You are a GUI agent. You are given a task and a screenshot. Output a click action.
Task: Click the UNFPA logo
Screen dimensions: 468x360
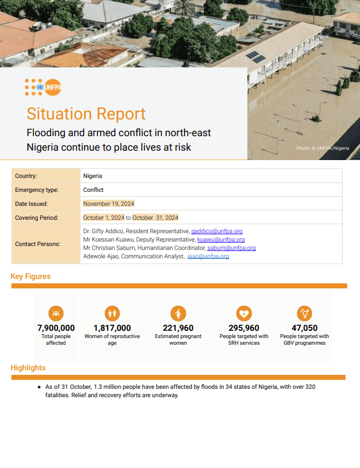click(x=43, y=87)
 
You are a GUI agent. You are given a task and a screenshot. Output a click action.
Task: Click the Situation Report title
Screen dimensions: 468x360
click(x=86, y=114)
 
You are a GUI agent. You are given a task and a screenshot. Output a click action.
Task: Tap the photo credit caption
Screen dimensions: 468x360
click(x=323, y=148)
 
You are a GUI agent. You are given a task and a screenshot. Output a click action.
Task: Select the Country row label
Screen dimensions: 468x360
click(x=26, y=176)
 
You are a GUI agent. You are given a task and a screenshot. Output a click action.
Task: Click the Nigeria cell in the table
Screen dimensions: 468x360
click(x=93, y=176)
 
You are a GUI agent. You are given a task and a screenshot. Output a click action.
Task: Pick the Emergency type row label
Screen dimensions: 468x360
click(x=37, y=190)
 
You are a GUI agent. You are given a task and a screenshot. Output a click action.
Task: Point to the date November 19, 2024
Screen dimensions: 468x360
click(x=109, y=204)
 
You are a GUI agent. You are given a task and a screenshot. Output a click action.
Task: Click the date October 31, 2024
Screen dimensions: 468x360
click(x=155, y=218)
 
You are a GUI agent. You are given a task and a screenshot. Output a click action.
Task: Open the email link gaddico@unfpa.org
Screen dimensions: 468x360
click(x=217, y=231)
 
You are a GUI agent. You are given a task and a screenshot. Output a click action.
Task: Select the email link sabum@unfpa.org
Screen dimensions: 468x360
click(x=231, y=248)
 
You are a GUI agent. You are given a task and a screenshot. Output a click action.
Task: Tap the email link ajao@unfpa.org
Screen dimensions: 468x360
click(x=208, y=257)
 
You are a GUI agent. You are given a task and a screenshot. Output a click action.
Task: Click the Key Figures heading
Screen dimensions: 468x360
click(x=31, y=277)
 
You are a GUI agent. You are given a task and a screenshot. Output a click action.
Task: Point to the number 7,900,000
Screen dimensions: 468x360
click(x=56, y=328)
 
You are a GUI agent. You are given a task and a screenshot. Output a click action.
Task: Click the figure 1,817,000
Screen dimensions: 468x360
click(x=112, y=328)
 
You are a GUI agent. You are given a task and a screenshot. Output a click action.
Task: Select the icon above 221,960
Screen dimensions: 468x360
click(x=178, y=313)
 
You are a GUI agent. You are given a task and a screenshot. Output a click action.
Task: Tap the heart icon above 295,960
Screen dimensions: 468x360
click(x=244, y=313)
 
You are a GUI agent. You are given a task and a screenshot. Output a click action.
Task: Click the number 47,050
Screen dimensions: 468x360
click(x=304, y=328)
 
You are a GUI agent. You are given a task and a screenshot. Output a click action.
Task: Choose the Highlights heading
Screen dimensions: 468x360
click(x=28, y=368)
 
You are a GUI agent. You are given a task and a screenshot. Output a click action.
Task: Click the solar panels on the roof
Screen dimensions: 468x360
click(x=256, y=56)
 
